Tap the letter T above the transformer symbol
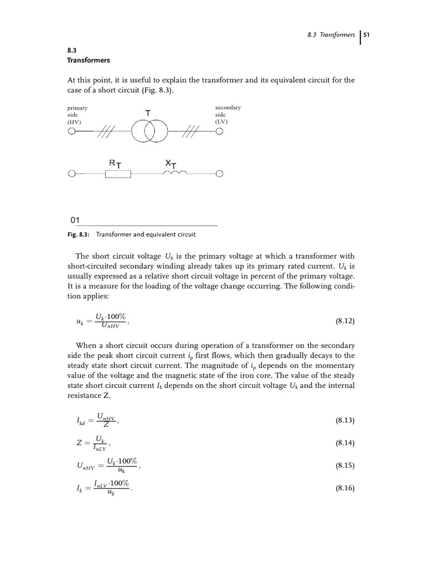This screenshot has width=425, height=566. point(147,113)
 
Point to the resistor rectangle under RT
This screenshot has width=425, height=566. point(117,174)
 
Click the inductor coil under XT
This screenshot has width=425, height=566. point(175,174)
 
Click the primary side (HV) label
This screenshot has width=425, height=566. point(77,114)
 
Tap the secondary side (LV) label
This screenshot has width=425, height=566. point(227,114)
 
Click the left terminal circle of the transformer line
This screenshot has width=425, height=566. point(71,132)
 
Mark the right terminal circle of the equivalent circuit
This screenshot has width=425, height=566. point(219,174)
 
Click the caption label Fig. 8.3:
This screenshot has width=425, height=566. point(79,234)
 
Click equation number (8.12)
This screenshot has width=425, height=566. point(345,321)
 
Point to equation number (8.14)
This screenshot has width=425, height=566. point(345,443)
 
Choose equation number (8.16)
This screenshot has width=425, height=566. point(345,489)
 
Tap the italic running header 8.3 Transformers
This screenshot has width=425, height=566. point(331,35)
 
